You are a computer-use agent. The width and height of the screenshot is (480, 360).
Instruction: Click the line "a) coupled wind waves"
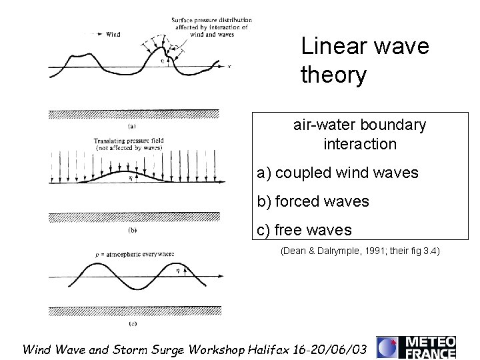[x=337, y=173]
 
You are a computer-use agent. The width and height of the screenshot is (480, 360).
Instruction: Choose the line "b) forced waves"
[x=313, y=201]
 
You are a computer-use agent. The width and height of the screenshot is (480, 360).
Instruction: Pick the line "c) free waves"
[x=304, y=230]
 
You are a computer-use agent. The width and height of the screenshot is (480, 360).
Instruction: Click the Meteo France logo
[x=416, y=346]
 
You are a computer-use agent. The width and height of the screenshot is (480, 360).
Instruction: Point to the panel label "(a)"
[x=133, y=124]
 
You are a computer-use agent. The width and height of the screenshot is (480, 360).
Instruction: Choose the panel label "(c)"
[x=133, y=323]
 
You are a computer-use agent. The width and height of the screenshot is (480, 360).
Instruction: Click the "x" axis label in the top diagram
[x=229, y=66]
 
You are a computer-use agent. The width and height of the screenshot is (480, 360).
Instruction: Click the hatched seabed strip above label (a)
[x=133, y=114]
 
